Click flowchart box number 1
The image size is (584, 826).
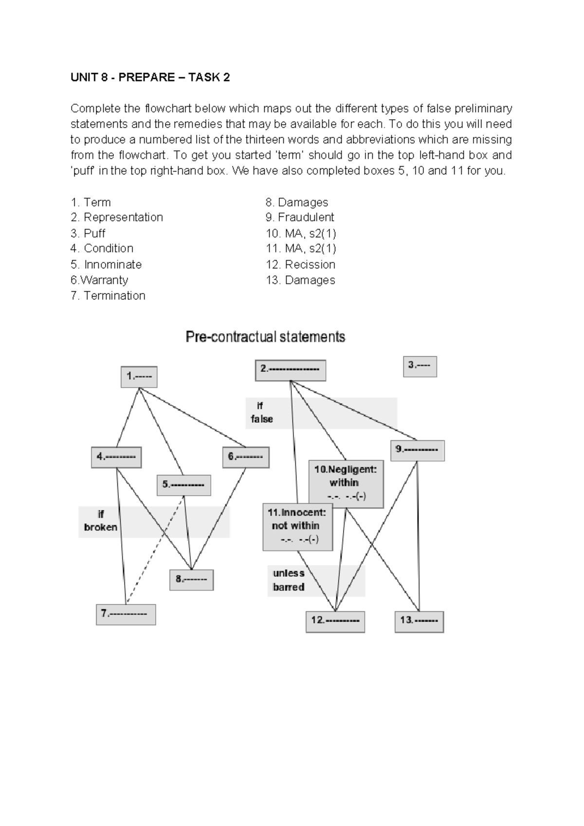click(139, 377)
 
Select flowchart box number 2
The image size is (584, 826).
click(290, 370)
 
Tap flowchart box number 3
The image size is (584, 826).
click(420, 366)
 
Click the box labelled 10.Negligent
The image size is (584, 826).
click(346, 483)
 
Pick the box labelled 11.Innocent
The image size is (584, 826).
click(298, 527)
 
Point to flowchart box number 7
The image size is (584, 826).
click(126, 614)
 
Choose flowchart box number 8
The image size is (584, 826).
click(191, 580)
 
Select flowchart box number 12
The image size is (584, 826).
click(335, 621)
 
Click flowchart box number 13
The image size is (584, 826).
click(419, 621)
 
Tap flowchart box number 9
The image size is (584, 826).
click(417, 450)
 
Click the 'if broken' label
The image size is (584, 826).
click(101, 521)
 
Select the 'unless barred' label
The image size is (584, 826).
click(289, 581)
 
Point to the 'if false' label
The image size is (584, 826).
click(261, 413)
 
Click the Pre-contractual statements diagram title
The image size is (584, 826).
click(265, 337)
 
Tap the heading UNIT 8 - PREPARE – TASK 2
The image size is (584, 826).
click(150, 77)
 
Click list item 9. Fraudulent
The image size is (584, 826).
click(300, 217)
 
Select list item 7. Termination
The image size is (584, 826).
click(108, 296)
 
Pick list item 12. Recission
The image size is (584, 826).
click(300, 264)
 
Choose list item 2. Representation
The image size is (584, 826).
click(117, 217)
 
